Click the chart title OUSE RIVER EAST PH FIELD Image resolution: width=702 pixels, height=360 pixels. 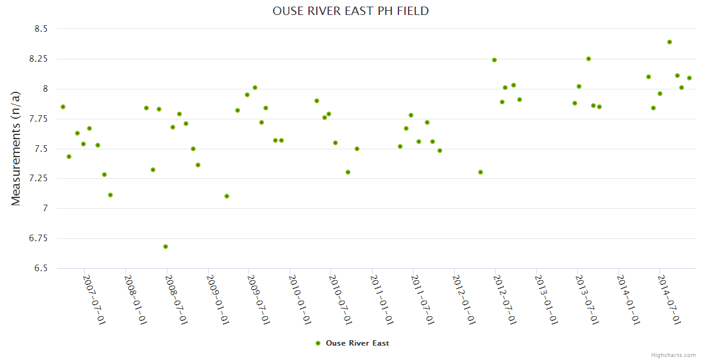(x=350, y=11)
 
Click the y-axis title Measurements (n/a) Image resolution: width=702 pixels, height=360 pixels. (x=16, y=148)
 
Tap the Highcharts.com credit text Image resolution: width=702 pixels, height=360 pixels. (x=673, y=355)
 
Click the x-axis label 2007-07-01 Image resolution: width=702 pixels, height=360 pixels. (x=94, y=300)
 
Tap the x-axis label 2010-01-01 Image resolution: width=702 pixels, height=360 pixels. (x=299, y=300)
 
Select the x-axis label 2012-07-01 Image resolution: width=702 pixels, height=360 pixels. (x=505, y=300)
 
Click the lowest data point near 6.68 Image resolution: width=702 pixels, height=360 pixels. (x=166, y=247)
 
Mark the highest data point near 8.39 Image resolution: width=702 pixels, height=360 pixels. (x=670, y=42)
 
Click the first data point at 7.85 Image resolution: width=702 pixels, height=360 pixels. (x=63, y=107)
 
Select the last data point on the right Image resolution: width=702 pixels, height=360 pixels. (x=689, y=78)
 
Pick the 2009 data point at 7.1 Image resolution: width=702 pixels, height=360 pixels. (x=227, y=196)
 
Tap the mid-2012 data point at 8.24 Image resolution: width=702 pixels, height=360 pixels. (x=494, y=60)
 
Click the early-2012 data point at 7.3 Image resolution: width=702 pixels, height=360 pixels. (x=481, y=172)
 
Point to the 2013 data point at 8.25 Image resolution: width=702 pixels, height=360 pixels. (x=589, y=59)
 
